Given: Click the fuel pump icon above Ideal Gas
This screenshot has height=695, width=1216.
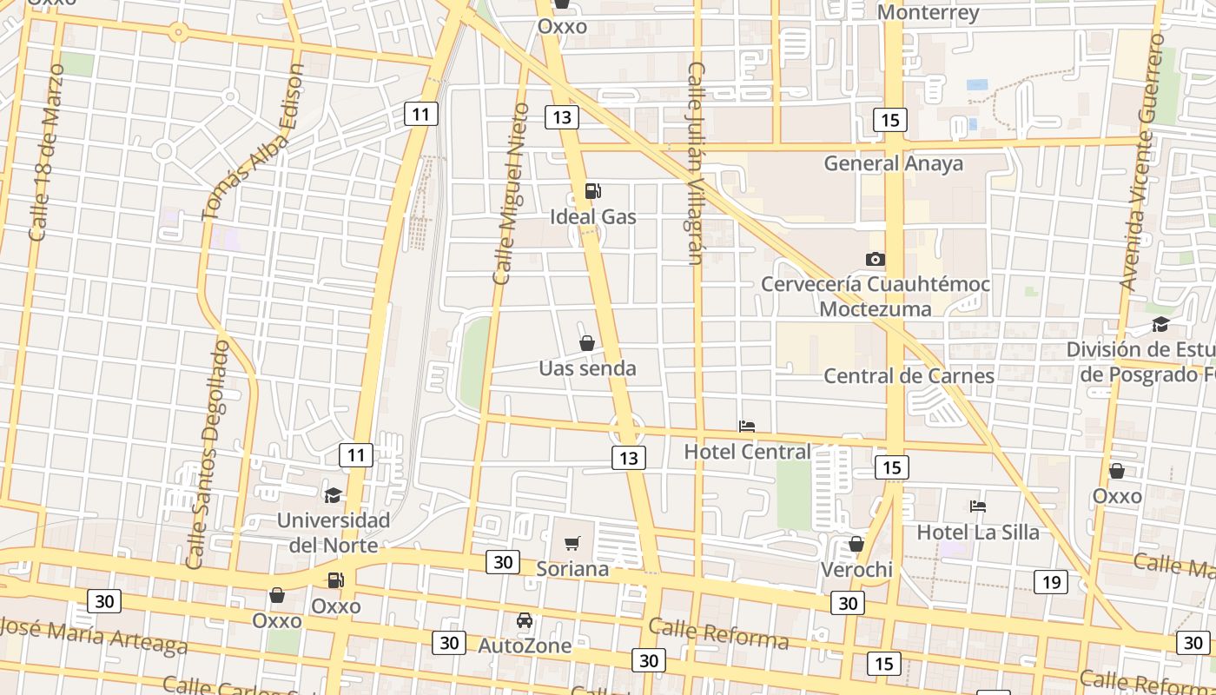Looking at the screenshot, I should (593, 191).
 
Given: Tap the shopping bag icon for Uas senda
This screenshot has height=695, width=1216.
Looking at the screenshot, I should (587, 343).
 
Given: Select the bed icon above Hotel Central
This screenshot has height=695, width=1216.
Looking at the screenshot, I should (746, 426).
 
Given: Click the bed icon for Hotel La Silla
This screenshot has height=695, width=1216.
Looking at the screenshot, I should (978, 506).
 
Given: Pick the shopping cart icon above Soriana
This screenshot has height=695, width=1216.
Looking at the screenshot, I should (572, 544).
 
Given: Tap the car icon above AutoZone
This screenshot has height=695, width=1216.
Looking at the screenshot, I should (525, 620).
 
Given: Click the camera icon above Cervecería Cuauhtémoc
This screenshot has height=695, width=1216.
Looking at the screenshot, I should (876, 259).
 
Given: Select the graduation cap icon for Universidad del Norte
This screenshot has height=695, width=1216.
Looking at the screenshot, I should (333, 495).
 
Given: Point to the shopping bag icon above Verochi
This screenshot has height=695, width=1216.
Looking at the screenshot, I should (856, 544).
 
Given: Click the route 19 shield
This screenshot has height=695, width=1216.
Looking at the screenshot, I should (1050, 582).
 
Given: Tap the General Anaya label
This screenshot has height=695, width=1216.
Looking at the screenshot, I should (893, 163).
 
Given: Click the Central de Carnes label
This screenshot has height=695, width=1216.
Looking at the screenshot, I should (909, 375).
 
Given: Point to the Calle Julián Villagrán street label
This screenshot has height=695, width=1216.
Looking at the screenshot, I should (695, 162).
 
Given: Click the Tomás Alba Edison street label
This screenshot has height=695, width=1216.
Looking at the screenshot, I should (253, 142).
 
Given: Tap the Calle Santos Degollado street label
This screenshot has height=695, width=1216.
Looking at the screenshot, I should (208, 453).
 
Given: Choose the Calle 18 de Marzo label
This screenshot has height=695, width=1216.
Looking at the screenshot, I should (46, 152).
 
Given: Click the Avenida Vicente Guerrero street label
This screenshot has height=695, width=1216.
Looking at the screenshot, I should (1142, 162).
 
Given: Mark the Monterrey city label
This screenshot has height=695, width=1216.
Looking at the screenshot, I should (928, 12).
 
